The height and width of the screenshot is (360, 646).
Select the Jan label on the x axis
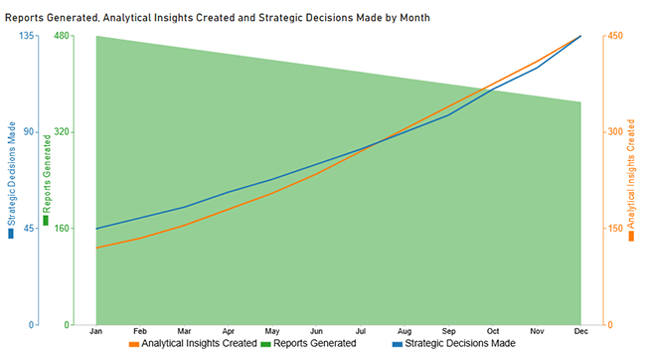[96, 330]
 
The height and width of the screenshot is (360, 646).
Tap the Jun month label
[316, 330]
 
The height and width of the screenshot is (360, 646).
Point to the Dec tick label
[579, 330]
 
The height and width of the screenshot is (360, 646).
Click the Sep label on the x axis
[448, 330]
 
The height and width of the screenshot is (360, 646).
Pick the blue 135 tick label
[27, 35]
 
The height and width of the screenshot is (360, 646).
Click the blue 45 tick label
[30, 228]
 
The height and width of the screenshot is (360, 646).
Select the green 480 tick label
[60, 35]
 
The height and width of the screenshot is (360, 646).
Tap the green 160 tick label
[60, 228]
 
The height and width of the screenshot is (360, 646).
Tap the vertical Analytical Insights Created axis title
[631, 179]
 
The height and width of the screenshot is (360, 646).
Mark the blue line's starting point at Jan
[96, 229]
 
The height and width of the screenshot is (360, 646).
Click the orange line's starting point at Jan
[96, 248]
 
